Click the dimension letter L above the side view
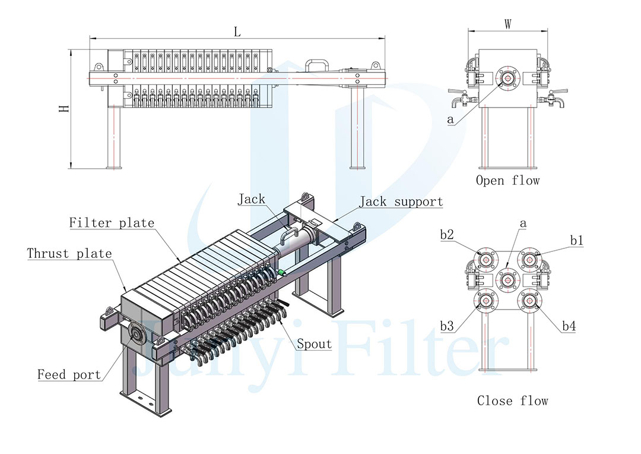point(237,31)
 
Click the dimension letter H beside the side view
point(65,109)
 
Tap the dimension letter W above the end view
point(507,24)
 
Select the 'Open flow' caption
point(507,181)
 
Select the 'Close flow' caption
point(513,401)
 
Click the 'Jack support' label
point(401,201)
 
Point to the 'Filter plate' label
point(112,223)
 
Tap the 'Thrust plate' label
point(69,253)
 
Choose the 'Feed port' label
point(69,374)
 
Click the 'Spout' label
point(315,344)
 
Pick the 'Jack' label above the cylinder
point(252,199)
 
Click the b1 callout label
point(576,240)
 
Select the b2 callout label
point(447,235)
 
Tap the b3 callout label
point(447,326)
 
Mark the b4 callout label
point(569,326)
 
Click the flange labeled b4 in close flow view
point(529,301)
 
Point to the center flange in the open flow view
point(507,78)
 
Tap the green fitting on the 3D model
point(281,272)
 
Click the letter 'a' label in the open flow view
point(450,119)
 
